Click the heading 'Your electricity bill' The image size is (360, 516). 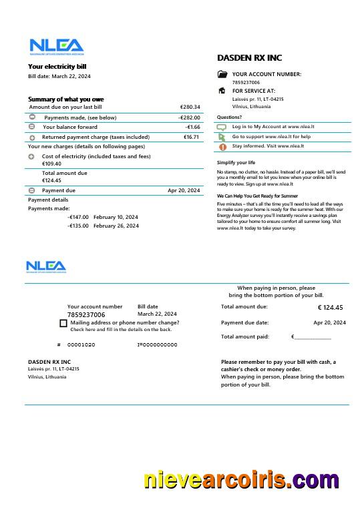pos(57,67)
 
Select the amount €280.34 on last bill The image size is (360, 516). pos(190,107)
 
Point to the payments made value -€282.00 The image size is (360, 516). pos(189,117)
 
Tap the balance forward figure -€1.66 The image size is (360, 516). pos(192,127)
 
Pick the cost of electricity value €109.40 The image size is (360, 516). pos(51,164)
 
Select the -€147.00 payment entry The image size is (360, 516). pos(78,217)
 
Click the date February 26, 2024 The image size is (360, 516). pos(116,226)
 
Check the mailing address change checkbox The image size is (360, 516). pos(63,323)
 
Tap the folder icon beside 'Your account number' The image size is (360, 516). pos(222,75)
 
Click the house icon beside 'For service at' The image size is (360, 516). pos(222,91)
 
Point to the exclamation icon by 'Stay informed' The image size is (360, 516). pos(222,146)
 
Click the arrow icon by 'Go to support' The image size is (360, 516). pos(222,136)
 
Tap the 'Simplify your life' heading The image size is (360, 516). pos(236,162)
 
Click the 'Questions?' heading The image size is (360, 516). pos(229,117)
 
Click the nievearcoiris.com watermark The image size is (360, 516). pos(241,481)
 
